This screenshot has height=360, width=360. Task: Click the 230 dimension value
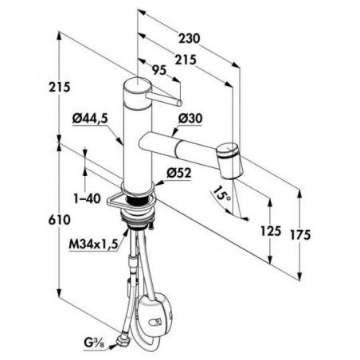[189, 38]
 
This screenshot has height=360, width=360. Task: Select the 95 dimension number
[159, 70]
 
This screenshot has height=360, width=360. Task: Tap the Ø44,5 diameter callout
[90, 119]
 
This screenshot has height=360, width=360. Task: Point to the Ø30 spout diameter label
[190, 118]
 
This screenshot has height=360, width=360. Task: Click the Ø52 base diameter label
[179, 173]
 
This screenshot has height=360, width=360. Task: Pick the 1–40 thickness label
[87, 198]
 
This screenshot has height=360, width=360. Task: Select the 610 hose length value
[60, 220]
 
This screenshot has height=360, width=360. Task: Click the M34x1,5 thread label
[93, 245]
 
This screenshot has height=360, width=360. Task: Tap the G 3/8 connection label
[94, 343]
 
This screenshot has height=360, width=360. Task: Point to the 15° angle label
[221, 194]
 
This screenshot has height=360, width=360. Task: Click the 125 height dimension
[271, 231]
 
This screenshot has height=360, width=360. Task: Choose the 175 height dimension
[300, 235]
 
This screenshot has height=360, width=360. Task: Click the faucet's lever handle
[163, 99]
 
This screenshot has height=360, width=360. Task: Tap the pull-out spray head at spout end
[230, 160]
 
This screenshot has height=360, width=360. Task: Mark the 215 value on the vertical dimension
[60, 87]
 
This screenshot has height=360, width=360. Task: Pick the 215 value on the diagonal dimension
[186, 60]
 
